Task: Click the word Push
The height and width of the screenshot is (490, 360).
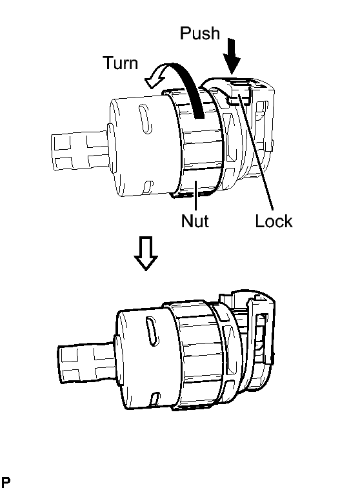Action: [x=200, y=33]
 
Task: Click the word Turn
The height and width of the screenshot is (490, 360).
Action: [x=121, y=63]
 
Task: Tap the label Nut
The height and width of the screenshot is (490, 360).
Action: [x=195, y=221]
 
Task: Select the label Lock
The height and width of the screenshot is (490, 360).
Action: [x=274, y=221]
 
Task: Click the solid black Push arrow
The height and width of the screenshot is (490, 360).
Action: [x=232, y=56]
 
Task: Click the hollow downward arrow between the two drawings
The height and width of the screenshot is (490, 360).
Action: [x=146, y=253]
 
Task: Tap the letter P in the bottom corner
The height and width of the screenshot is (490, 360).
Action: [x=6, y=482]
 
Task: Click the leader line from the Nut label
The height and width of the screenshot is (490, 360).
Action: [x=195, y=196]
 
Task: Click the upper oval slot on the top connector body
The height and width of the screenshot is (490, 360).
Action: [x=146, y=119]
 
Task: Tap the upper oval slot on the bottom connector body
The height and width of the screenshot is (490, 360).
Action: [x=152, y=331]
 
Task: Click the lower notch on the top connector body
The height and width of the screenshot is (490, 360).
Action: [x=147, y=187]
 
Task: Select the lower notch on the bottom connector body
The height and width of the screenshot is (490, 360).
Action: [x=155, y=399]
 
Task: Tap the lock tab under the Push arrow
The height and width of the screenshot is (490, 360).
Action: [x=241, y=92]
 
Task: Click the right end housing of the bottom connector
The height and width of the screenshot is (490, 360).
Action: [x=253, y=341]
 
